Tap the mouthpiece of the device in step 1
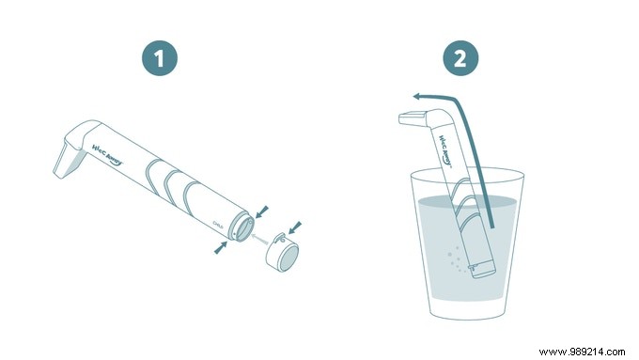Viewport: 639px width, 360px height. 67,158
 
